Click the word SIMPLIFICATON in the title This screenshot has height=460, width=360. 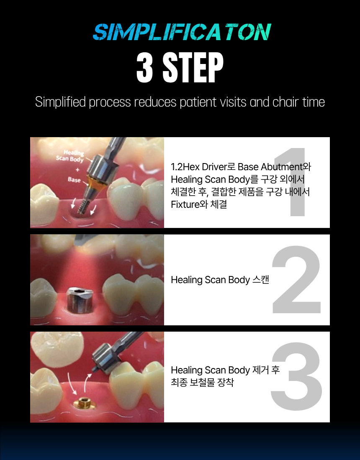pyautogui.click(x=182, y=32)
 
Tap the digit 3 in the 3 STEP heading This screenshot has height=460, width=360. pyautogui.click(x=145, y=68)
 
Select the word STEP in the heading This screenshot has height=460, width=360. pyautogui.click(x=193, y=68)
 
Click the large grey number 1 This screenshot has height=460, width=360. pyautogui.click(x=293, y=182)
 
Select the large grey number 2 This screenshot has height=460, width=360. pyautogui.click(x=296, y=279)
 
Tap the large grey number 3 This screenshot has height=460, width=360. pyautogui.click(x=296, y=376)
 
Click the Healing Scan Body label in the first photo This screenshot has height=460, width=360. pyautogui.click(x=70, y=156)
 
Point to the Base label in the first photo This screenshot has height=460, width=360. pyautogui.click(x=74, y=179)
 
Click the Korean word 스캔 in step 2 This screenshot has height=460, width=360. pyautogui.click(x=261, y=280)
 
